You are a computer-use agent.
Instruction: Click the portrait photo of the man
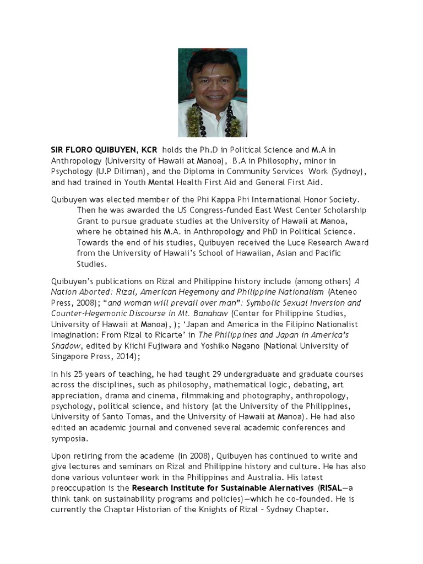tap(212, 93)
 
